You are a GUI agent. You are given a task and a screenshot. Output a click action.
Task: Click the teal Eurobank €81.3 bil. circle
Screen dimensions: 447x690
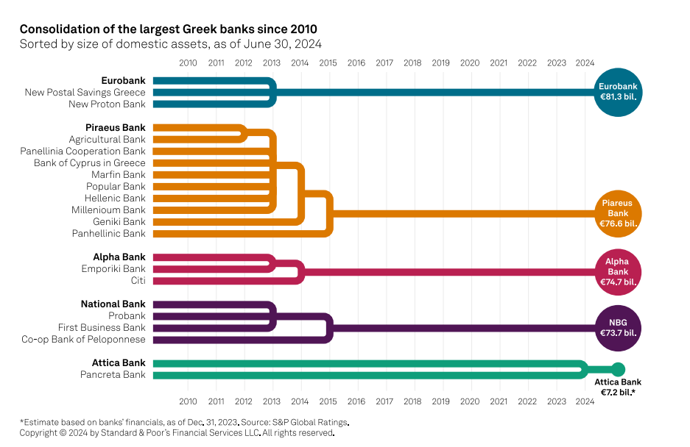click(x=618, y=92)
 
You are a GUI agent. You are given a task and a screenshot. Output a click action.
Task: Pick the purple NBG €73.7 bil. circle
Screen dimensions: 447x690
click(x=618, y=327)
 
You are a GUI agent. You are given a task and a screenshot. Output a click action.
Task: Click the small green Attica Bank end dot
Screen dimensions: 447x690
click(x=619, y=369)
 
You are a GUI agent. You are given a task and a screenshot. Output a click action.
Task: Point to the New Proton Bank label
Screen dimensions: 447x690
click(x=107, y=104)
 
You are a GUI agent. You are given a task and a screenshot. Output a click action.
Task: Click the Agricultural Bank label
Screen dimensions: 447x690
click(x=107, y=140)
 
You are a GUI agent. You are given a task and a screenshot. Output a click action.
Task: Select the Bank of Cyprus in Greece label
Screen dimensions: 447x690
click(x=89, y=163)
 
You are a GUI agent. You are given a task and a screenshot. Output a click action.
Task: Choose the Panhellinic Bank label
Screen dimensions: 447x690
click(x=108, y=234)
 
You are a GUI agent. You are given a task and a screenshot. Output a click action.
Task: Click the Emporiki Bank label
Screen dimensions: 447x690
click(x=113, y=269)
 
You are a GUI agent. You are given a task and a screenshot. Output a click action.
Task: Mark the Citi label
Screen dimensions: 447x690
click(x=138, y=281)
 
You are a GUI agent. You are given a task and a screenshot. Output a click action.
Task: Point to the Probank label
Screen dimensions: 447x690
click(x=127, y=316)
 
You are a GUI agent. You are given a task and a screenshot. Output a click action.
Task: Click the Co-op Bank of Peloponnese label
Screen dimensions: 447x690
click(x=83, y=340)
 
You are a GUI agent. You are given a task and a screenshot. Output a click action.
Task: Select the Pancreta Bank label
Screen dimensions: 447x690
click(x=113, y=375)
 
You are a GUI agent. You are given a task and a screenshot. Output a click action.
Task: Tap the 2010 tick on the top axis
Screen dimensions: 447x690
click(x=188, y=63)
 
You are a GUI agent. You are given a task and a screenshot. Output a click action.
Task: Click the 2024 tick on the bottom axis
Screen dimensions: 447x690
click(x=585, y=401)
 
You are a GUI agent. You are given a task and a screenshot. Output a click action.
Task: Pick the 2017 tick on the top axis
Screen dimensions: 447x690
click(x=384, y=63)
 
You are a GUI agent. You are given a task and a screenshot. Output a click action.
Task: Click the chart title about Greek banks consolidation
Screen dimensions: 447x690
click(x=169, y=29)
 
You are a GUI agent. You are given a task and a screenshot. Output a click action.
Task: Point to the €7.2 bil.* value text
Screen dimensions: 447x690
click(x=618, y=393)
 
